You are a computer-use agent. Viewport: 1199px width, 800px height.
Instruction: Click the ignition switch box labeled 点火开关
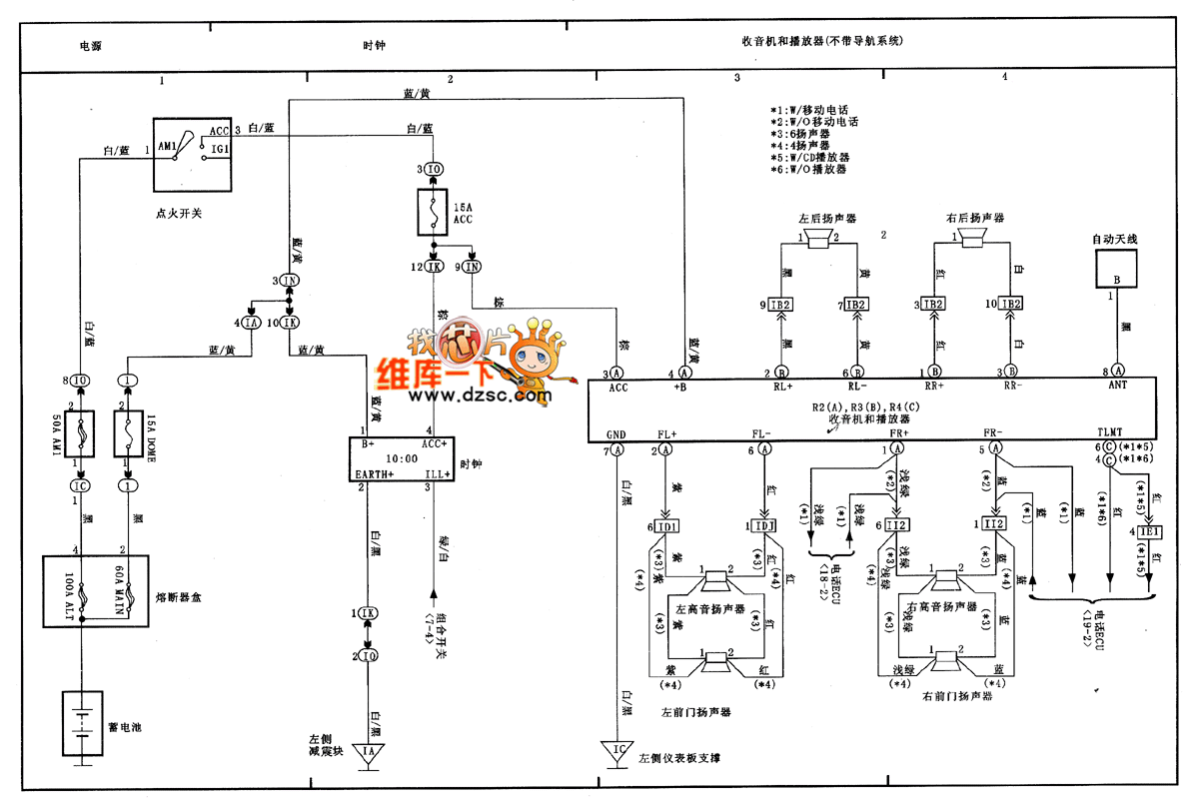click(192, 154)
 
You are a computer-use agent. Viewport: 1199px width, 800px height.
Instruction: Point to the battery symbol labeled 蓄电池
click(80, 726)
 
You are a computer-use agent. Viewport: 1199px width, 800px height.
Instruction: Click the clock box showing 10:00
click(401, 460)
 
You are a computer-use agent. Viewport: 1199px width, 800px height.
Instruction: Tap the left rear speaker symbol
click(821, 238)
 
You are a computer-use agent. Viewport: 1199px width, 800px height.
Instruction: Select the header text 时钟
click(374, 46)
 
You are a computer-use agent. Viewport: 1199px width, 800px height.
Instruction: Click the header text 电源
click(91, 46)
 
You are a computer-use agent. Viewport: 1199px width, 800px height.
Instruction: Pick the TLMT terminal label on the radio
click(1110, 433)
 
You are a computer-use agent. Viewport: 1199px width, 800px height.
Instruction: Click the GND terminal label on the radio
click(616, 433)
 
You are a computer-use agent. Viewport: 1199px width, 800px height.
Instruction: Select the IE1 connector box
click(1147, 531)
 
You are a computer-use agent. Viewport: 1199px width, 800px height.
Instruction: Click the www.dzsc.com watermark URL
click(478, 396)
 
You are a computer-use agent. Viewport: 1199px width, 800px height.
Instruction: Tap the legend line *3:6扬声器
click(806, 133)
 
